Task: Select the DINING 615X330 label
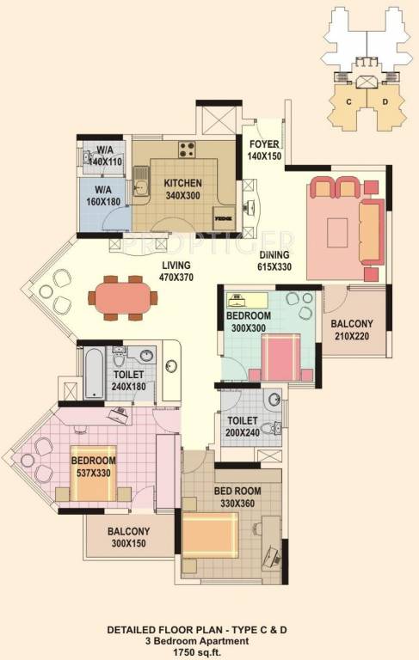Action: click(275, 260)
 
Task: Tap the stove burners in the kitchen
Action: click(187, 150)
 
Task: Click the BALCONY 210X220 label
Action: click(352, 330)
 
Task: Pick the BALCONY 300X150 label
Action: click(129, 538)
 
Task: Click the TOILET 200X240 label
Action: click(244, 427)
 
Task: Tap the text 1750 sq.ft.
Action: click(210, 653)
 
